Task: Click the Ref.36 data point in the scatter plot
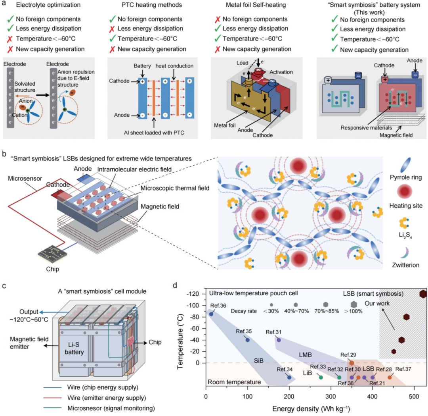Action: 211,314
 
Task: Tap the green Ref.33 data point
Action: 321,377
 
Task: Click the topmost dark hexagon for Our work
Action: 423,294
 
